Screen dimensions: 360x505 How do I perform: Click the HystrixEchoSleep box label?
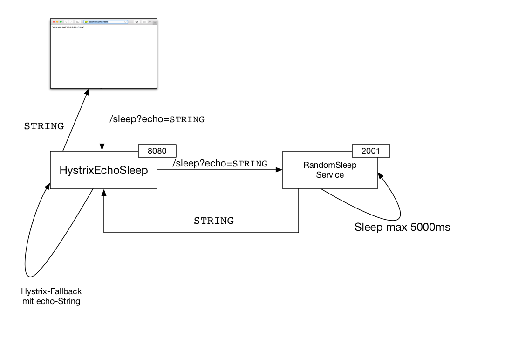click(x=103, y=171)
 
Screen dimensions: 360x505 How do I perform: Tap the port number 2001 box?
click(x=371, y=151)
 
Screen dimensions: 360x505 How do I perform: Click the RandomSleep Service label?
click(x=330, y=170)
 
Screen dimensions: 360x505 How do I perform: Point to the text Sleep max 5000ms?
click(x=402, y=228)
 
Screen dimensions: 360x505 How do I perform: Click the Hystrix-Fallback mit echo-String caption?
click(x=51, y=296)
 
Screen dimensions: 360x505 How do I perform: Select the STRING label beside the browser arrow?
click(x=44, y=126)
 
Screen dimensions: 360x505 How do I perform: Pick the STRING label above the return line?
click(x=214, y=221)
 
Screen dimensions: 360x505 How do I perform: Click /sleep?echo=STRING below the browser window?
click(x=157, y=119)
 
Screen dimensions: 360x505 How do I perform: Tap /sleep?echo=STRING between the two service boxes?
click(x=220, y=164)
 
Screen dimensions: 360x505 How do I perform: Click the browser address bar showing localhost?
click(x=105, y=22)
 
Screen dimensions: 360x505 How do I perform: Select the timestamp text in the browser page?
click(x=68, y=28)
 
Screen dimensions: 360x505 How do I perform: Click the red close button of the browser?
click(x=54, y=22)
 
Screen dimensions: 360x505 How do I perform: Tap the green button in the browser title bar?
click(x=61, y=22)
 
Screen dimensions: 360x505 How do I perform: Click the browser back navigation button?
click(x=66, y=22)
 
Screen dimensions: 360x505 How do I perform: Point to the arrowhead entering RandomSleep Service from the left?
click(x=280, y=170)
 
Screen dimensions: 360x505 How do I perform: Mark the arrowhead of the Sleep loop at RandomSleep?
click(x=380, y=176)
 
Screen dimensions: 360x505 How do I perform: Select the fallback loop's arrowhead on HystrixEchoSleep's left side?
click(x=48, y=185)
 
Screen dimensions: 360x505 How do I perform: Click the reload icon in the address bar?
click(x=125, y=22)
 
